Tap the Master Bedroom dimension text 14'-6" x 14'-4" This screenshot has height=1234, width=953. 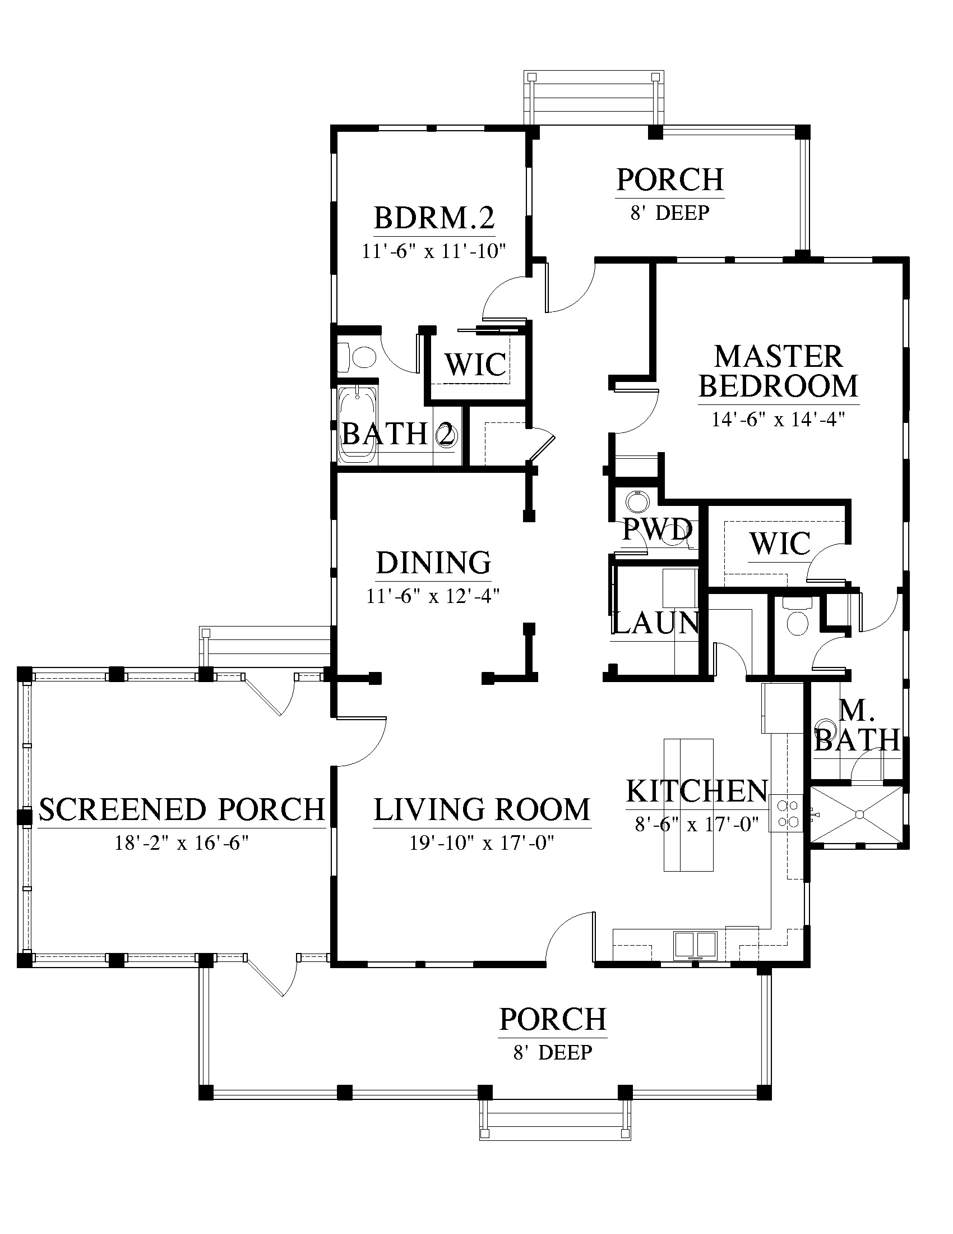pyautogui.click(x=778, y=419)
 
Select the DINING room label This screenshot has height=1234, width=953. pyautogui.click(x=433, y=563)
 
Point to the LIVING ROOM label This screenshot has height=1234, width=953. pyautogui.click(x=482, y=809)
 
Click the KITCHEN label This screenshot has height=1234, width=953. pyautogui.click(x=697, y=791)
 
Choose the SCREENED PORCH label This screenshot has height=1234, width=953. pyautogui.click(x=182, y=809)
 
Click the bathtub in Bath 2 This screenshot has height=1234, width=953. pyautogui.click(x=358, y=425)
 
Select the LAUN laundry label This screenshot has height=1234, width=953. pyautogui.click(x=655, y=623)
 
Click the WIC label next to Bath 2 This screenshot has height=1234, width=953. pyautogui.click(x=476, y=365)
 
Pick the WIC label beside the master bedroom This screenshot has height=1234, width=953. pyautogui.click(x=780, y=543)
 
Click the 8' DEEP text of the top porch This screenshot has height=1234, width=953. pyautogui.click(x=670, y=213)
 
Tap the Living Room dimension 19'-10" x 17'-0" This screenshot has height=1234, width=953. pyautogui.click(x=482, y=843)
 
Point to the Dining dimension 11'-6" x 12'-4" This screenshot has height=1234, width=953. pyautogui.click(x=433, y=596)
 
